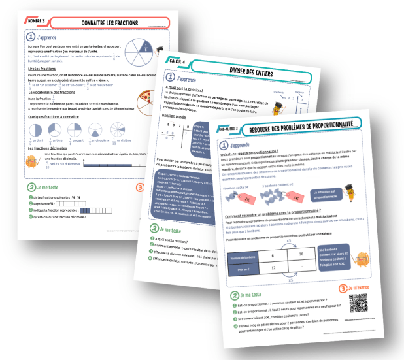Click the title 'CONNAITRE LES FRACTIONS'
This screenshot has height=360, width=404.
click(110, 24)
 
